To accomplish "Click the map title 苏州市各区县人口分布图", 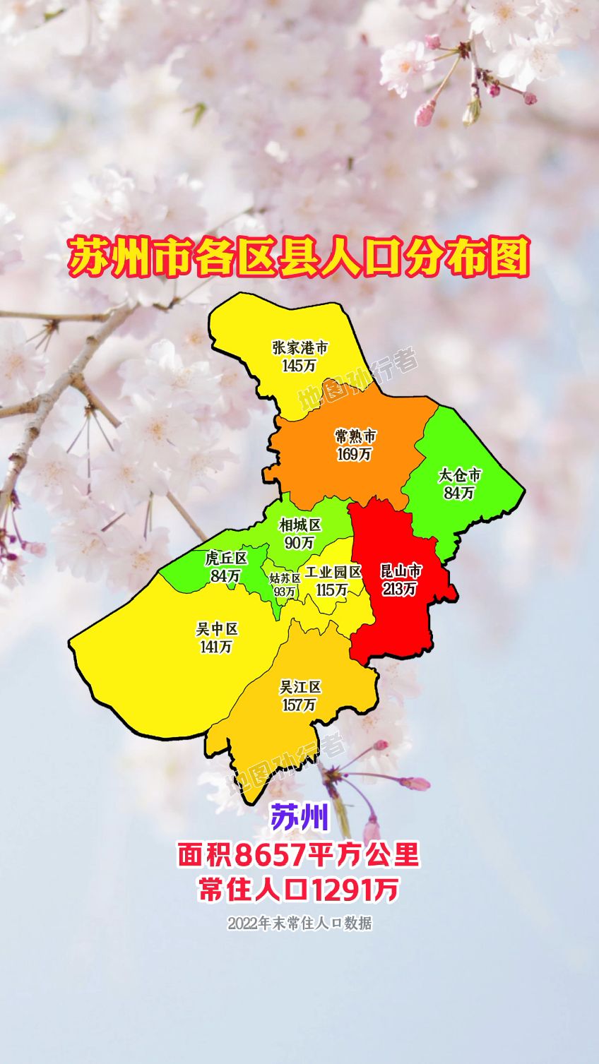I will coord(299,257).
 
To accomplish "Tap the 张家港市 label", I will coord(300,348).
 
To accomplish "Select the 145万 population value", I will coord(299,365).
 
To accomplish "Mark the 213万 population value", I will coord(400,588).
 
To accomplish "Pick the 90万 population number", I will coord(299,542).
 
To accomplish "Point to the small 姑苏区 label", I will coord(285,578).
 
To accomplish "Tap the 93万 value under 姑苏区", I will coord(285,592).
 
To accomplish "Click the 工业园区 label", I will coord(333,572).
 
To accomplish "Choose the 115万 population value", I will coord(332,589).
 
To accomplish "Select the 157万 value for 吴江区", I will coord(299,705).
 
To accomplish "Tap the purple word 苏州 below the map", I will coord(299,818).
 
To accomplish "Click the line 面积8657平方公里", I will coord(299,855).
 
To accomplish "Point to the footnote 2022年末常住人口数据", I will coord(299,923).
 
